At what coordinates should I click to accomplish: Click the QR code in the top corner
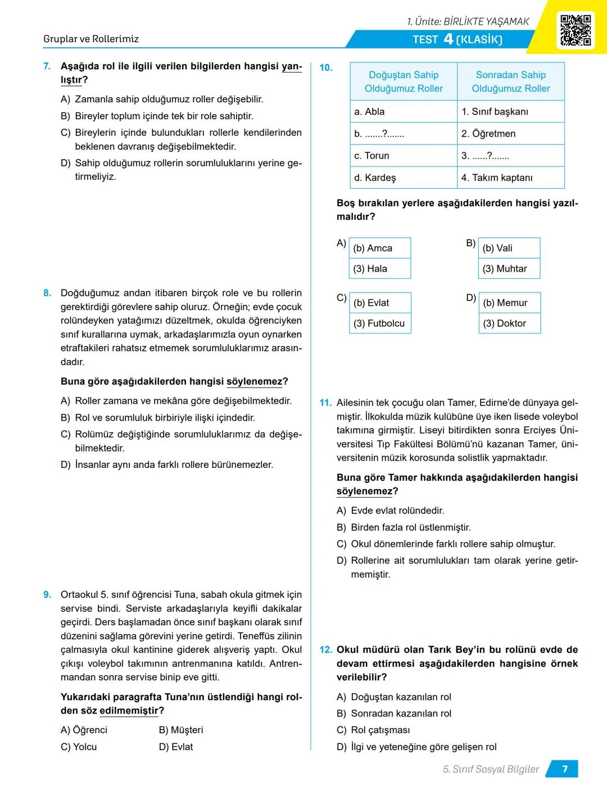(576, 30)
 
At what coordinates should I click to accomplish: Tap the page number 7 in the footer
(564, 769)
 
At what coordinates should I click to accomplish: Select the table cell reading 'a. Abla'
(404, 111)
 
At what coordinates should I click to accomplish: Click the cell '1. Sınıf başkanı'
(510, 111)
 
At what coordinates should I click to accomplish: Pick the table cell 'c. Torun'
(404, 156)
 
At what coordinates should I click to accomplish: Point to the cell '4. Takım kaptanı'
(510, 178)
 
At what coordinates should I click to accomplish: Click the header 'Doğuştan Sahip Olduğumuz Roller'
(404, 82)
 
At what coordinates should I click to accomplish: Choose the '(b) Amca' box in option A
(380, 248)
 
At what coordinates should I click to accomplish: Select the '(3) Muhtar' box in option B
(509, 269)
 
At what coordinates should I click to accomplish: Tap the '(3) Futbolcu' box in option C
(380, 323)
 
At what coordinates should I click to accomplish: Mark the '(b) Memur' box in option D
(510, 303)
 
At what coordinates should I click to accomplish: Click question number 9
(47, 595)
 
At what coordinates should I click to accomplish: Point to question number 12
(326, 650)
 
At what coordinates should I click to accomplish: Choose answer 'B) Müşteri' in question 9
(181, 730)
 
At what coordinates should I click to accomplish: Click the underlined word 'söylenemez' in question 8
(255, 382)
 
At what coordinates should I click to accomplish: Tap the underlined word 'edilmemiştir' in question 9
(129, 711)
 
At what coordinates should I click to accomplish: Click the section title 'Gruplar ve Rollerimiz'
(91, 39)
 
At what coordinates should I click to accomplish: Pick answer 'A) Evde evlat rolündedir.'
(391, 511)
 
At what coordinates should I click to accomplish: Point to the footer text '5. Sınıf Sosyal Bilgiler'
(491, 769)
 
